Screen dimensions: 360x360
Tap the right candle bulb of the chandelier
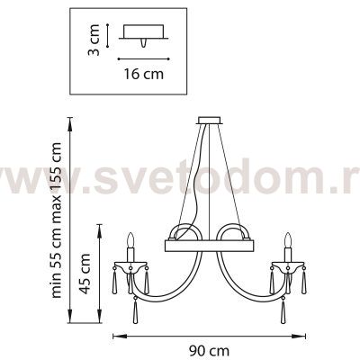click(289, 240)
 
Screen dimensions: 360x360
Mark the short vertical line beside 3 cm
click(109, 37)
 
